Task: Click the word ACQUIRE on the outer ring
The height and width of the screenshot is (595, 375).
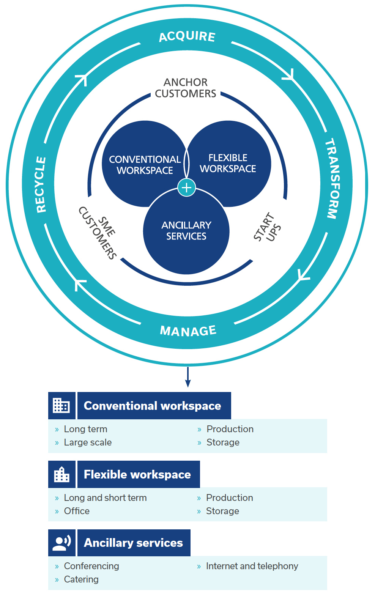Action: pyautogui.click(x=187, y=37)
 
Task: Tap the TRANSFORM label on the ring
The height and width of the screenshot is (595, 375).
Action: pyautogui.click(x=332, y=178)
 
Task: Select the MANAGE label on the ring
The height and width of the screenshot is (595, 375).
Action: pyautogui.click(x=188, y=331)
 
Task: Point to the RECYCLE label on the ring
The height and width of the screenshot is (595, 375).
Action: pyautogui.click(x=41, y=184)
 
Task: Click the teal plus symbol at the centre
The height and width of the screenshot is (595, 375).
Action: pyautogui.click(x=187, y=187)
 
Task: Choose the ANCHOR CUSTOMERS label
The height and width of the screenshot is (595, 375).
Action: pyautogui.click(x=186, y=88)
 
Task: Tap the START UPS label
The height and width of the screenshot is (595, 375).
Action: pyautogui.click(x=267, y=227)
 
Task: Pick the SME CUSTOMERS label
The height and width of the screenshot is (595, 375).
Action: pyautogui.click(x=98, y=233)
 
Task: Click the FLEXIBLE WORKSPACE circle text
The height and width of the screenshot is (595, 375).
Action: pyautogui.click(x=228, y=163)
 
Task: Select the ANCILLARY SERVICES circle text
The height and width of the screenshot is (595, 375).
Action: pyautogui.click(x=186, y=231)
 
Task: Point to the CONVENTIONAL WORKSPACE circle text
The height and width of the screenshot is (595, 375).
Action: pyautogui.click(x=145, y=165)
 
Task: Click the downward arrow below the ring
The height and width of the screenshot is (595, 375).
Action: pyautogui.click(x=188, y=377)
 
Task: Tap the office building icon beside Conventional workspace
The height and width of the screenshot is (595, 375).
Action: pyautogui.click(x=61, y=406)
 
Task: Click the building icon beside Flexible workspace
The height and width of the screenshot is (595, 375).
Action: pyautogui.click(x=61, y=474)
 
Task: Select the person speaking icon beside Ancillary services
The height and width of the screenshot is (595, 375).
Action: pyautogui.click(x=62, y=543)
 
